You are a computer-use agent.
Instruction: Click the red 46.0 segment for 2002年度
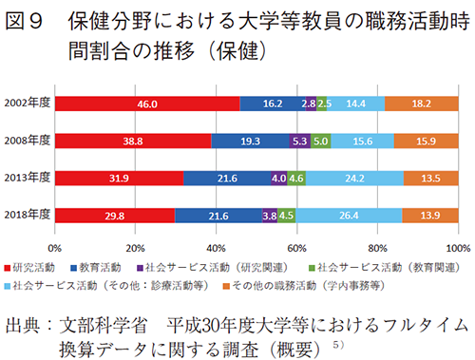147,103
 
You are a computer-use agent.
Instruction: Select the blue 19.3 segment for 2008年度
249,141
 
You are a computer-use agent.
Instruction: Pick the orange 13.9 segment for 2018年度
430,216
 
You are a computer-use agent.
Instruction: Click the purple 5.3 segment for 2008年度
299,141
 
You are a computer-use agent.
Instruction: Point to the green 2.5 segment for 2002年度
324,103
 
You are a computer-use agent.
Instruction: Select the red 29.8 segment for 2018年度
115,216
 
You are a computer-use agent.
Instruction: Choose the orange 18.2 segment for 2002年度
422,103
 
